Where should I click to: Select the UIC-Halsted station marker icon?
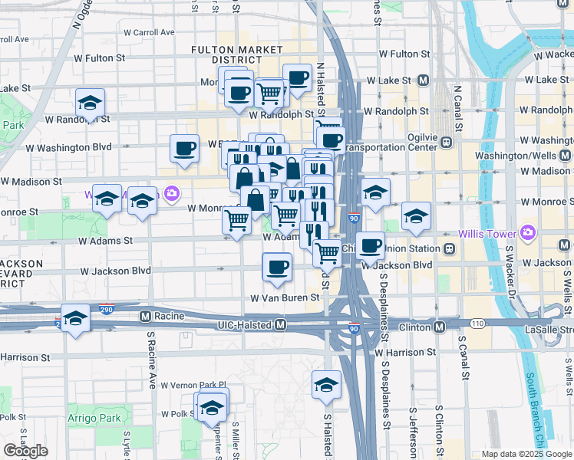[281, 326]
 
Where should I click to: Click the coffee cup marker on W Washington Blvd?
[184, 148]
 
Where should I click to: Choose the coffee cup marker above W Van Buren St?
[276, 268]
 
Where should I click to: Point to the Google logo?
[25, 451]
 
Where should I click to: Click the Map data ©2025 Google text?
[526, 454]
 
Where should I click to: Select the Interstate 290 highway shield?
[106, 310]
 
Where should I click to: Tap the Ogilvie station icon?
[447, 142]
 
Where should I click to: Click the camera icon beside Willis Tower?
[526, 232]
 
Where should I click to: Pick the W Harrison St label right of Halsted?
[406, 352]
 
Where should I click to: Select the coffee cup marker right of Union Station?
[370, 246]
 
